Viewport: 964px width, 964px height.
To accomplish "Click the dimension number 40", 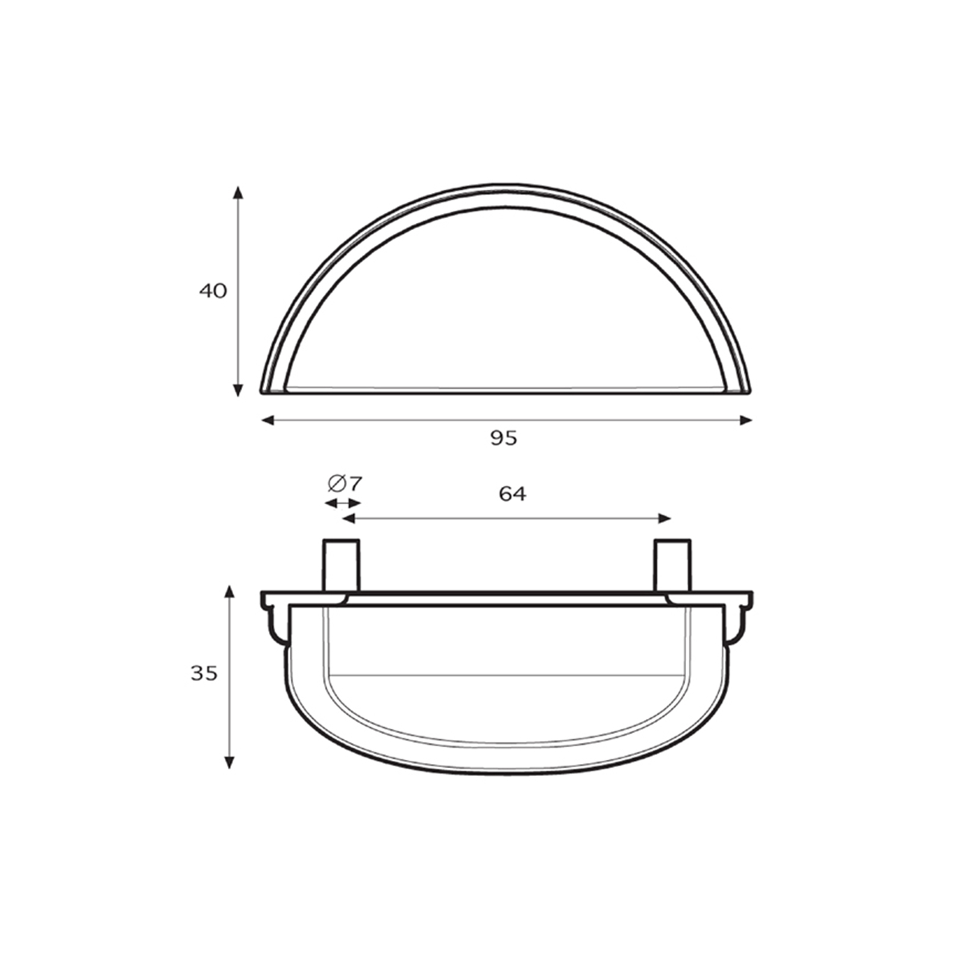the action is (x=213, y=291).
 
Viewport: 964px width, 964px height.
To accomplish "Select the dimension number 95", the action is (x=504, y=438).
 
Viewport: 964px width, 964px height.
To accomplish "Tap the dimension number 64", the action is (x=513, y=493).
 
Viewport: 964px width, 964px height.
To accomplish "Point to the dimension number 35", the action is (x=204, y=673).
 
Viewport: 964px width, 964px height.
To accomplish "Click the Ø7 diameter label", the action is (x=345, y=483).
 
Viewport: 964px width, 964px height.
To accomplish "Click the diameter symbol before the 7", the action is (x=336, y=483).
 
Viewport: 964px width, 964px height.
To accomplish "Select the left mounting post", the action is (x=342, y=566).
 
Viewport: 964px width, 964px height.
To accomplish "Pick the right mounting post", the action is (x=672, y=566).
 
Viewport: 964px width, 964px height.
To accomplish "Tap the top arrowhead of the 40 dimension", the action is (x=238, y=193).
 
